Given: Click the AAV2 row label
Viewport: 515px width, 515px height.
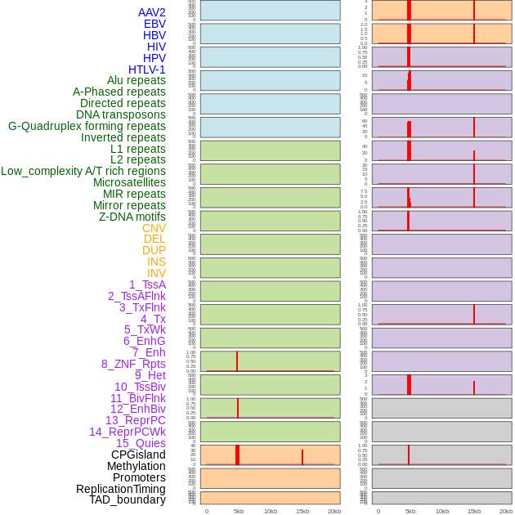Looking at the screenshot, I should [151, 12].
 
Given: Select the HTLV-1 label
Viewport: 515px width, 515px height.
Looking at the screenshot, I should [146, 69].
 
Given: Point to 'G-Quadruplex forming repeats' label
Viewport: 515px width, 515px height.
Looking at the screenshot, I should [87, 126].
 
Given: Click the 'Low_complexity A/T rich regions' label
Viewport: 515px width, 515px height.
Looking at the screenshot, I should [83, 171].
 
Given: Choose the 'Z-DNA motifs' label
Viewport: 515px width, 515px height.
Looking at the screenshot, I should [132, 217].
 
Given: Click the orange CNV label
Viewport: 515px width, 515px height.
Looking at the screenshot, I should [154, 228].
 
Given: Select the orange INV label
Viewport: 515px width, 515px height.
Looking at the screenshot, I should [156, 273].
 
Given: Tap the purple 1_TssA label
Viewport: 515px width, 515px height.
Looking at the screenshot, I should [147, 284].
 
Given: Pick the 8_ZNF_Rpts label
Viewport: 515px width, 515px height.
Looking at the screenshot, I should [133, 364].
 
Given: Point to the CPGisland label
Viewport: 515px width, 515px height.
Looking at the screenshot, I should [138, 455].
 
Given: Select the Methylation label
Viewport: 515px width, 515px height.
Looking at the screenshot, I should [136, 466].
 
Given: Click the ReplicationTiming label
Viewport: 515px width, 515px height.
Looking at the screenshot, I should [121, 489].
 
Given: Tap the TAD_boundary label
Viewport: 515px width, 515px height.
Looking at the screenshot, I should [128, 499].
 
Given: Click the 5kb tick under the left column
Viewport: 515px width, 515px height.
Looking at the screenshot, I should [239, 511].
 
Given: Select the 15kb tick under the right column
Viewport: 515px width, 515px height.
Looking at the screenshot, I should [474, 511].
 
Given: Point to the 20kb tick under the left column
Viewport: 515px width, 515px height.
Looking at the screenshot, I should [334, 511].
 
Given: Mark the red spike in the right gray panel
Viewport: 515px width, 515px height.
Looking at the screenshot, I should [409, 455].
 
